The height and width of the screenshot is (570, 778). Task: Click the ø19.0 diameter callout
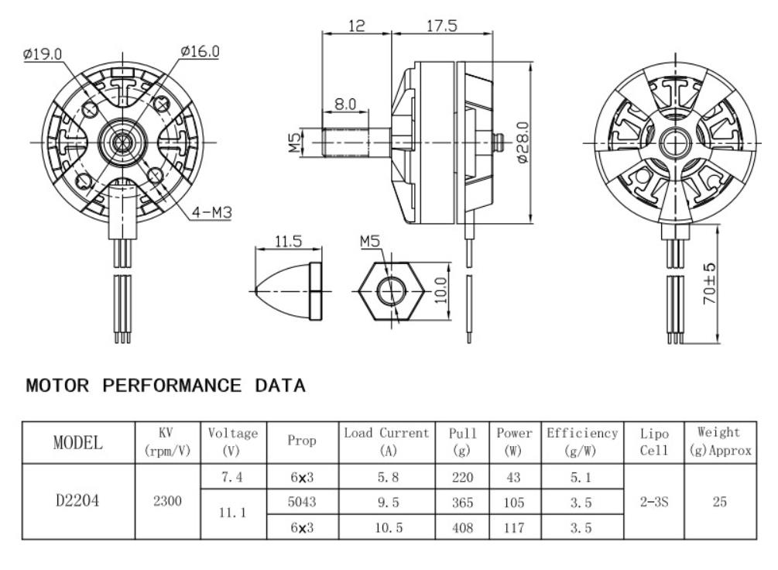click(x=43, y=53)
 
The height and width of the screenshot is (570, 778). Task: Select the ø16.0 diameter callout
click(x=200, y=51)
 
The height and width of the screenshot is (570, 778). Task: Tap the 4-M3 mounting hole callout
click(x=212, y=212)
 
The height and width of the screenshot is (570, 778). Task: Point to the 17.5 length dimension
click(x=442, y=26)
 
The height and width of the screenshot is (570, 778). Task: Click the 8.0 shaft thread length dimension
click(x=344, y=104)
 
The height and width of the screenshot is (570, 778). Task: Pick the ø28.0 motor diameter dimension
click(x=523, y=142)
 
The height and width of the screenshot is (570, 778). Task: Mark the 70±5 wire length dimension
click(x=710, y=283)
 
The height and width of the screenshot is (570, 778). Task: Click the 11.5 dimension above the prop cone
click(x=288, y=242)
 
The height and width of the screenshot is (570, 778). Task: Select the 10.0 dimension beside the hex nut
click(x=440, y=290)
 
